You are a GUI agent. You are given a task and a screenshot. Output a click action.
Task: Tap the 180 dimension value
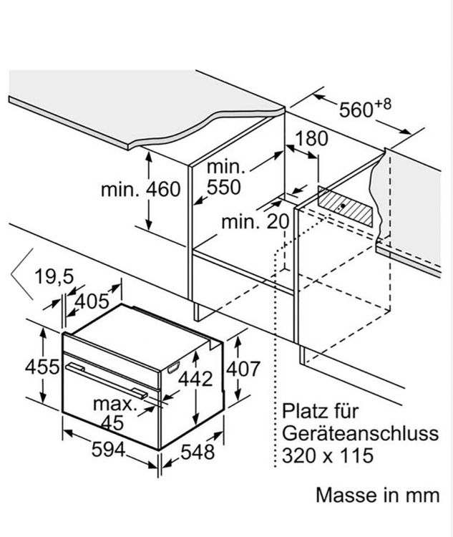point(311,138)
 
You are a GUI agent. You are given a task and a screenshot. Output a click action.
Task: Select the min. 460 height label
point(140,190)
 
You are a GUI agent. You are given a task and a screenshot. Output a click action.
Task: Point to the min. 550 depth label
point(225,178)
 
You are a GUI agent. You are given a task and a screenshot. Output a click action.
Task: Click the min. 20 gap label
point(255,222)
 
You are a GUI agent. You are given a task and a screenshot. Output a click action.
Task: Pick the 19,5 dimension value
point(54,276)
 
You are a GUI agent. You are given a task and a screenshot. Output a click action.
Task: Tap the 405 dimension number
point(92,301)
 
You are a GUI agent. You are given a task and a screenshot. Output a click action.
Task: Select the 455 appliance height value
point(42,367)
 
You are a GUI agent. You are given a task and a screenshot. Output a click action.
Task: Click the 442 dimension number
point(195,379)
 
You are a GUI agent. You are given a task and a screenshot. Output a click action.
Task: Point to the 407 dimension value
point(243,369)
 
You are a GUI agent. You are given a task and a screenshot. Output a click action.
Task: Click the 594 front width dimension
point(108,450)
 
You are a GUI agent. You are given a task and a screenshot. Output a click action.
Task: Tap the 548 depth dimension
point(198,452)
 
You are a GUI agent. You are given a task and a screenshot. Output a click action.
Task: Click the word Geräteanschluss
point(360,433)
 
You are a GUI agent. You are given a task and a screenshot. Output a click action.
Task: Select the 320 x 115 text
point(328,455)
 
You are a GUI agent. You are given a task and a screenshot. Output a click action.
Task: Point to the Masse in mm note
point(378,495)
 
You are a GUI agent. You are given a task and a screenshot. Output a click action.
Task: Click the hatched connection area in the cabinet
point(345,206)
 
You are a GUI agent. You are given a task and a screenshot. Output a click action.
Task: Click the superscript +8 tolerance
point(382,104)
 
